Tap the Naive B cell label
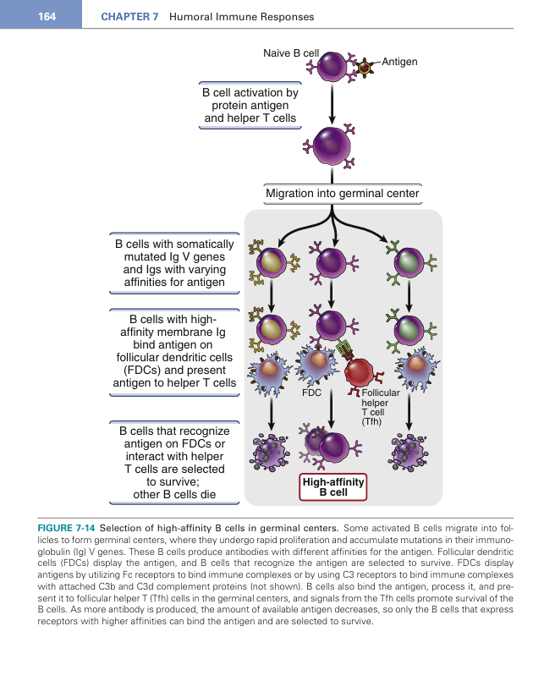(290, 53)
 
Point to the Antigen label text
(399, 62)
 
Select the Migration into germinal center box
(342, 194)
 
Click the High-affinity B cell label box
(332, 486)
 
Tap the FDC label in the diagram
(312, 393)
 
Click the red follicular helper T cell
(361, 371)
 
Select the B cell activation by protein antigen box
(250, 106)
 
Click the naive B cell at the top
(332, 66)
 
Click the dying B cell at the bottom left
(271, 449)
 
